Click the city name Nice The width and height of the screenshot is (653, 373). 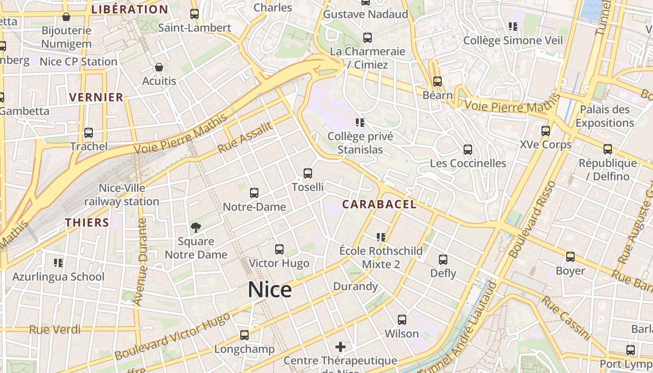pos(270,290)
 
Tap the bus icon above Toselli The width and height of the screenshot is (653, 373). pos(308,173)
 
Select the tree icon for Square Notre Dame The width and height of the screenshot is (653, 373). pos(196,228)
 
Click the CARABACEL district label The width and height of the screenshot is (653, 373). pos(379,204)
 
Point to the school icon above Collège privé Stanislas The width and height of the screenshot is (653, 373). pos(360,123)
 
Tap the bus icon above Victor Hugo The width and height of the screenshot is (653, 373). pos(279,249)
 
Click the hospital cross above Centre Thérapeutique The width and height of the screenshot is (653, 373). pos(340,347)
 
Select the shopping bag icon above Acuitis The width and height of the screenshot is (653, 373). pos(159,68)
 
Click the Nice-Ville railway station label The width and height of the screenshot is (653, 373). pos(122,195)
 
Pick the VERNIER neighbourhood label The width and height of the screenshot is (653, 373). pos(97,97)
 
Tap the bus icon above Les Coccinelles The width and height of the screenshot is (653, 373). pos(468,150)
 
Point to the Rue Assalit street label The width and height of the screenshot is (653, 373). pos(245,138)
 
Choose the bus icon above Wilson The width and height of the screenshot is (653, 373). pos(402,320)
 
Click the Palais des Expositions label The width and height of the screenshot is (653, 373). pos(604,116)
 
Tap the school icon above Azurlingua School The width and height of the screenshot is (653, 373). pos(58,263)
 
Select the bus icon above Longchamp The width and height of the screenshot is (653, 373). pos(244,335)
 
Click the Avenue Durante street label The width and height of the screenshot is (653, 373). pos(140,262)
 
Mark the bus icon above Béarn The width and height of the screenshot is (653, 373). pos(438,82)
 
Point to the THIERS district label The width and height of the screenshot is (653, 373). pos(87,222)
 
